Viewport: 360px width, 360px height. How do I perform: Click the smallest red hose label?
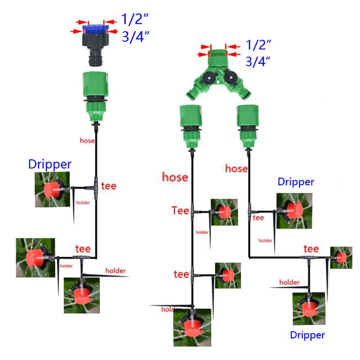87,141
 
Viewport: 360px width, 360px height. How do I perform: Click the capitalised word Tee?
180,211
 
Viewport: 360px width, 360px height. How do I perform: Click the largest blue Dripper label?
50,165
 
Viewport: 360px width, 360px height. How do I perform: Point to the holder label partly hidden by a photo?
169,309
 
